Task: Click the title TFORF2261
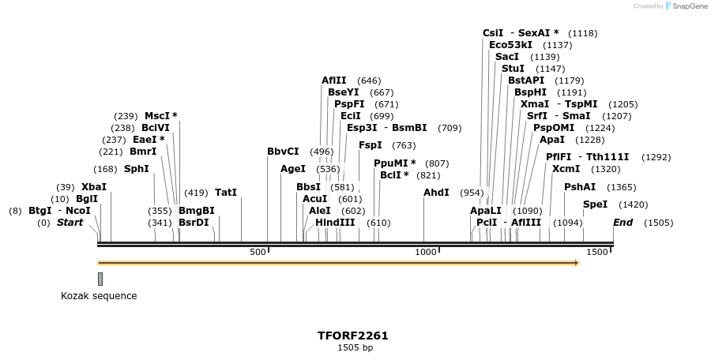353,336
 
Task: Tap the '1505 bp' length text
355,347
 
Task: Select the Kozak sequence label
99,296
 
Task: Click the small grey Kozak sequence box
100,279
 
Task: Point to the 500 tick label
258,252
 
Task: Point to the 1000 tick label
426,252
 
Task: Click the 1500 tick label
597,252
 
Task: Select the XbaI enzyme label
93,187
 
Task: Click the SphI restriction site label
137,169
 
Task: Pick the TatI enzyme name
226,193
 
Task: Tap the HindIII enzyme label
335,223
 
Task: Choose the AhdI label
436,193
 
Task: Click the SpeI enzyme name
596,204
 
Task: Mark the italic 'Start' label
70,223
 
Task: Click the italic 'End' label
623,223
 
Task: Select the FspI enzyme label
371,145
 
